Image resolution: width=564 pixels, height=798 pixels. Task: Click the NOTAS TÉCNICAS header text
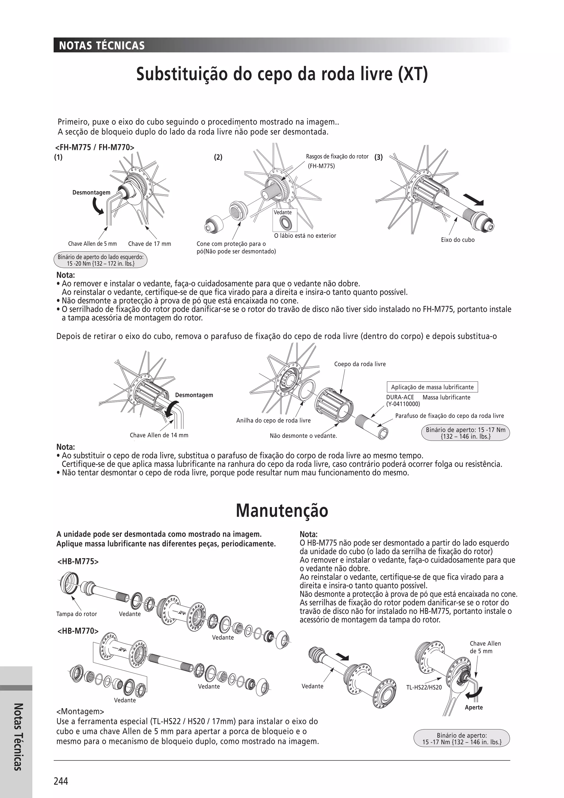pyautogui.click(x=102, y=45)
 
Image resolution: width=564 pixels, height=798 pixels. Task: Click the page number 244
pyautogui.click(x=61, y=781)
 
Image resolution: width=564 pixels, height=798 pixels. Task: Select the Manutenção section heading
pyautogui.click(x=282, y=511)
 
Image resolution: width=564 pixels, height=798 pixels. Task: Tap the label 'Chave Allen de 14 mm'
pyautogui.click(x=159, y=435)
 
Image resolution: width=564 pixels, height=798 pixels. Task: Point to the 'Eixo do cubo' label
pyautogui.click(x=457, y=240)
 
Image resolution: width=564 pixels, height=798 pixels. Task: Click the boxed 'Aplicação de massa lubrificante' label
pyautogui.click(x=432, y=387)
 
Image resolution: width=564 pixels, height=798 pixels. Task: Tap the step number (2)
pyautogui.click(x=218, y=157)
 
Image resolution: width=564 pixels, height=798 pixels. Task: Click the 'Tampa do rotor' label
pyautogui.click(x=76, y=614)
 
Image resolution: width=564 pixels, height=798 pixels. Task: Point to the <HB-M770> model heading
pyautogui.click(x=78, y=631)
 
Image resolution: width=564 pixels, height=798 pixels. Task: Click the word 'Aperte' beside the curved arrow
pyautogui.click(x=474, y=707)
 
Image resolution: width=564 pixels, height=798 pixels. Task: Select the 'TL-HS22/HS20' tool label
pyautogui.click(x=424, y=687)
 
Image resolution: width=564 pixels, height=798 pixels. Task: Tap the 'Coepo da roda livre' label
pyautogui.click(x=360, y=364)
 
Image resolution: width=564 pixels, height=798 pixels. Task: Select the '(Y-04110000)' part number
pyautogui.click(x=403, y=404)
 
